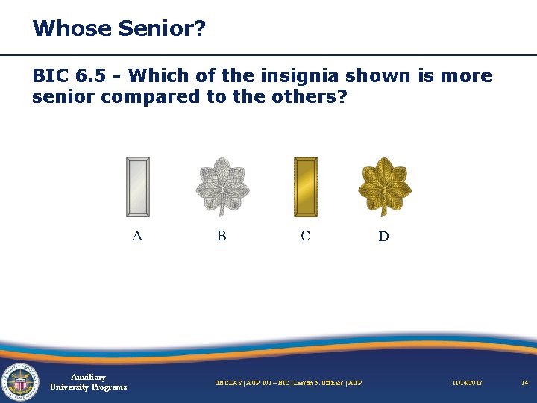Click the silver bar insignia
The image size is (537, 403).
coord(138,187)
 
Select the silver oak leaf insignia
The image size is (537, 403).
coord(222,185)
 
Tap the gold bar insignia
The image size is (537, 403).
coord(306,187)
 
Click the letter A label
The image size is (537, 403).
coord(136,236)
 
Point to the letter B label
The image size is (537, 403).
coord(222,236)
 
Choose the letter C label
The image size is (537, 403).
coord(305,236)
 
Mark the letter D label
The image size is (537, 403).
coord(383,237)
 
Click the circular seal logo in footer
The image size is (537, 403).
coord(20,381)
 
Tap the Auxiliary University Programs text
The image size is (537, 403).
coord(88,382)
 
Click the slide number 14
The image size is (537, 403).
coord(524,383)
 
